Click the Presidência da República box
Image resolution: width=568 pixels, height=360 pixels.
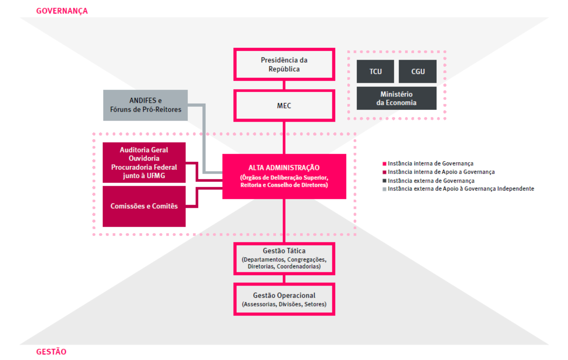point(284,64)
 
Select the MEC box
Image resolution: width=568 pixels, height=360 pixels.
point(284,105)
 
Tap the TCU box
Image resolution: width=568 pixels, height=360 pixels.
point(375,71)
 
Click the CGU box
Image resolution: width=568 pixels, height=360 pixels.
point(418,71)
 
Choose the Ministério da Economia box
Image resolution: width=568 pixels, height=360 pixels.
point(396,98)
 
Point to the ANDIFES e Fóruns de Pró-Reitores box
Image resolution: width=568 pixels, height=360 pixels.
point(145,105)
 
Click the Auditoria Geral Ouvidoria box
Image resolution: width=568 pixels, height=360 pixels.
point(144,162)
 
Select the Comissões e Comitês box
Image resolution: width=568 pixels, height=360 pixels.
point(144,206)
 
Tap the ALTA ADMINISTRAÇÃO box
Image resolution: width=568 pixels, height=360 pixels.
point(284,176)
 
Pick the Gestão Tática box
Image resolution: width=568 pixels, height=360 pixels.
point(284,258)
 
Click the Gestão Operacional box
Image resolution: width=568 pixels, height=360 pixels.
point(284,299)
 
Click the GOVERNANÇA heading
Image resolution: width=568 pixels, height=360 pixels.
point(62,11)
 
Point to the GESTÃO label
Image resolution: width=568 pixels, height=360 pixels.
point(51,352)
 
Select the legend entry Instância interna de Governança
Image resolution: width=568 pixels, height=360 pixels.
point(430,164)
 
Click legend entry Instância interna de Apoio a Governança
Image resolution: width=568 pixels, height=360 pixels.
point(441,172)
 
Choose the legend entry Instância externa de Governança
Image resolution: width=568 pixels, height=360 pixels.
point(431,181)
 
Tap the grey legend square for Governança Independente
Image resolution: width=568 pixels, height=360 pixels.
point(384,189)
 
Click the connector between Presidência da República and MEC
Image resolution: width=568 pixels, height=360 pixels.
point(284,85)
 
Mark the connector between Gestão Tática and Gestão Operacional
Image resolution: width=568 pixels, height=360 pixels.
point(284,279)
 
